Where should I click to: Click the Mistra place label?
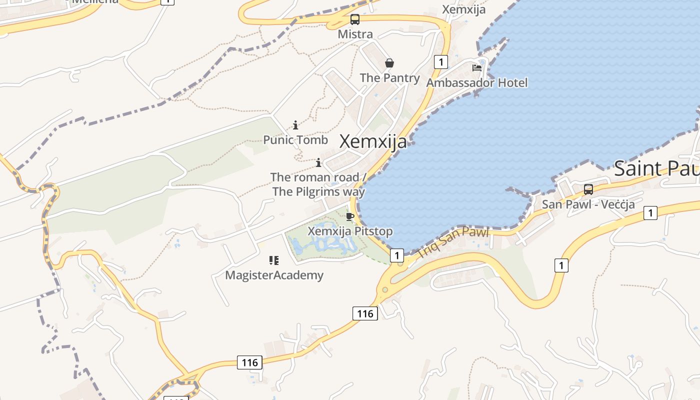tap(355, 34)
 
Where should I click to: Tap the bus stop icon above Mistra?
tap(354, 19)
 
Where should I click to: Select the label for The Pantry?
tap(389, 77)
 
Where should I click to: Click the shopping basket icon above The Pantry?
tap(389, 63)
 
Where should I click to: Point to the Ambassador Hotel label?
tap(476, 82)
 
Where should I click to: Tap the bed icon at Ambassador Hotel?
tap(477, 67)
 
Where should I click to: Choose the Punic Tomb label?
tap(295, 139)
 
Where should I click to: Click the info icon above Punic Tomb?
tap(295, 125)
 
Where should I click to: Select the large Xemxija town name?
tap(373, 142)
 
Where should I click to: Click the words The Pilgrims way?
tap(318, 191)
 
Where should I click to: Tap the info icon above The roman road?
tap(318, 162)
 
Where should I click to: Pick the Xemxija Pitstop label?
tap(350, 231)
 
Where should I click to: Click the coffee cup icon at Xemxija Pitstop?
tap(350, 216)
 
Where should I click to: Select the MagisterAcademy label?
tap(274, 275)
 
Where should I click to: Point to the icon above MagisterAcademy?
tap(273, 260)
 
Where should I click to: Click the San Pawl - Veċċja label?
tap(588, 204)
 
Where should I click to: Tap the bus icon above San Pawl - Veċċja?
tap(588, 189)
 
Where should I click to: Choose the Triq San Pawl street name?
tap(453, 242)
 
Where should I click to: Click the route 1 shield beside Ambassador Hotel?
tap(440, 61)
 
